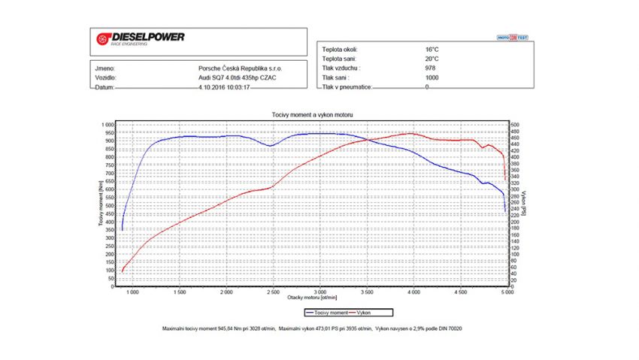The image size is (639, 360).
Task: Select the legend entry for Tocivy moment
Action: pyautogui.click(x=328, y=312)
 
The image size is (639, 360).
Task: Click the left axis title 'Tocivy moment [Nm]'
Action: pyautogui.click(x=99, y=205)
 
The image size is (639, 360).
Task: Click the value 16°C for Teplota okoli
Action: pyautogui.click(x=432, y=48)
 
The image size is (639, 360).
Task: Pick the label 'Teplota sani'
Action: pyautogui.click(x=338, y=58)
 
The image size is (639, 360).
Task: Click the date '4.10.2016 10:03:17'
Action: pyautogui.click(x=224, y=87)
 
